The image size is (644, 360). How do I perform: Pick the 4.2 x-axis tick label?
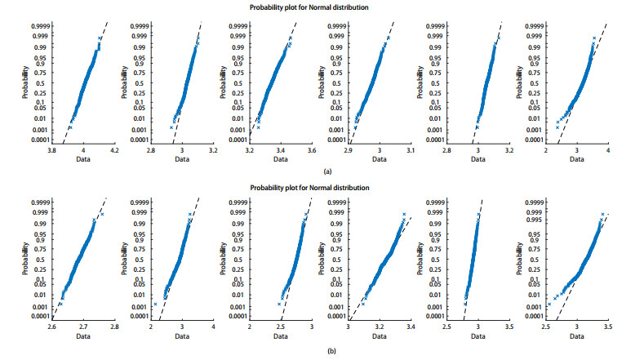(x=114, y=151)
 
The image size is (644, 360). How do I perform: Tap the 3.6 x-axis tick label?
(x=311, y=151)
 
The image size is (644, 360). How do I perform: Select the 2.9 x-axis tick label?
(x=349, y=151)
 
